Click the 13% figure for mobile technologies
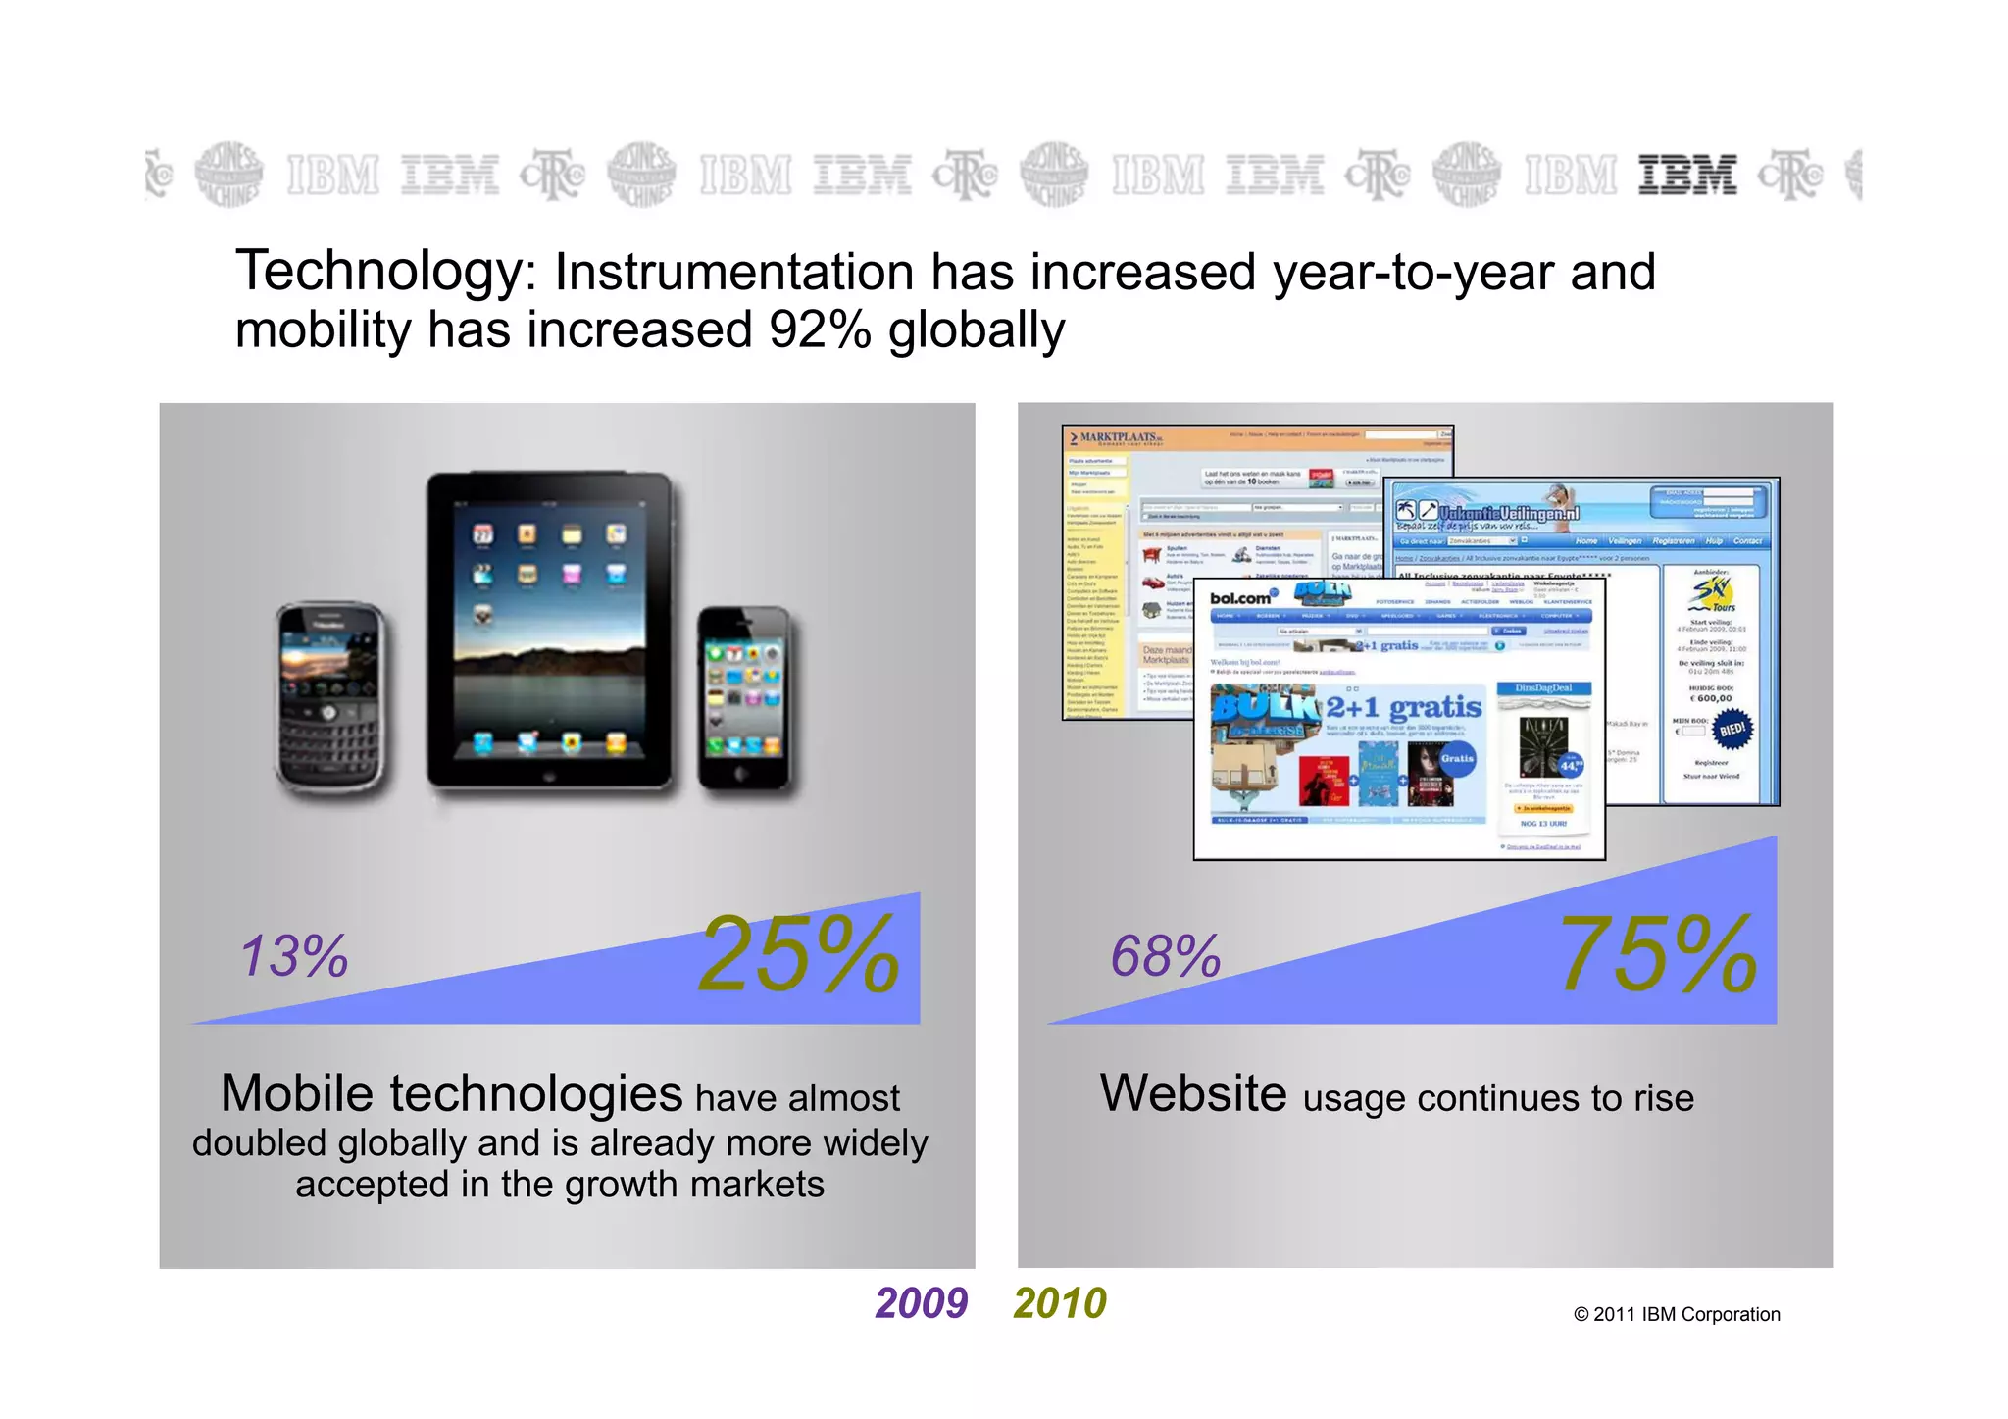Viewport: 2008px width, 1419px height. pos(294,956)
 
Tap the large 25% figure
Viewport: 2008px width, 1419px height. pos(798,954)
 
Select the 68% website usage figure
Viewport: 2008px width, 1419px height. pos(1165,956)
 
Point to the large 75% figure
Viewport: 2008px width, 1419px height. pos(1658,954)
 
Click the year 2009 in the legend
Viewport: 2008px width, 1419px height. pos(921,1303)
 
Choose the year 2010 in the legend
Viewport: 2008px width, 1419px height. pos(1060,1303)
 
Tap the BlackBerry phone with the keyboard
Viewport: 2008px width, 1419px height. pos(330,698)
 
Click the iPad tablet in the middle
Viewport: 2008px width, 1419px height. pos(550,633)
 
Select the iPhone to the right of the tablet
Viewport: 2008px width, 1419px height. pos(744,697)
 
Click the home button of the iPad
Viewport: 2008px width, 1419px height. pos(550,773)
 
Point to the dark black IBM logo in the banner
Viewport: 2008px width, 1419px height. pos(1687,176)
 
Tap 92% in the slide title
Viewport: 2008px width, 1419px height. pos(820,330)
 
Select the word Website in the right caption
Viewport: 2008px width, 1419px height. pos(1193,1093)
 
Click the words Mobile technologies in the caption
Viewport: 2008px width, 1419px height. pos(451,1093)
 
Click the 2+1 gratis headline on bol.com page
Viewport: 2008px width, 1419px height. pos(1403,707)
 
